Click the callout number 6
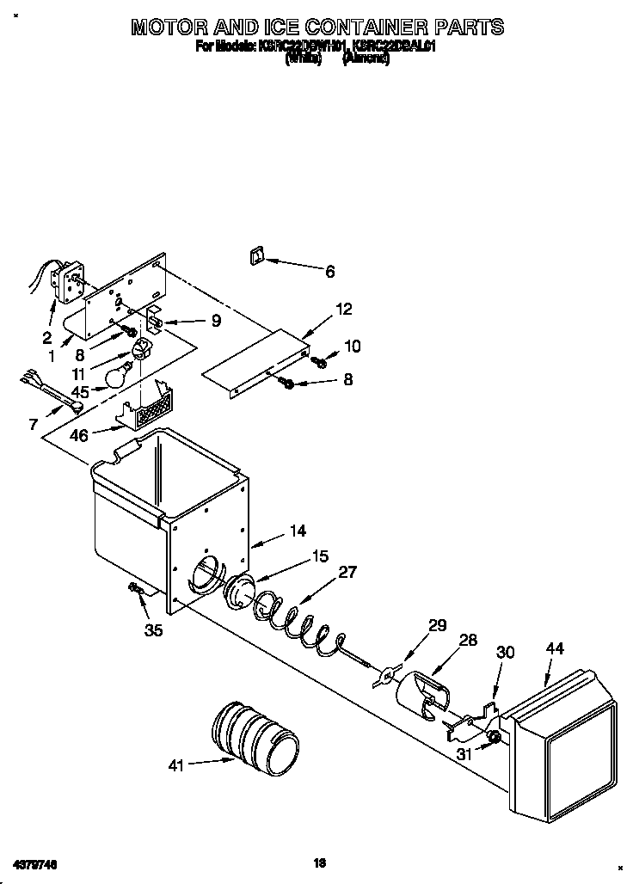(x=330, y=272)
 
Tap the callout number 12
(x=344, y=310)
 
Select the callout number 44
(x=555, y=649)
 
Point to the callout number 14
(x=297, y=531)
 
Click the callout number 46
(x=78, y=435)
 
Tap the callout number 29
(x=438, y=625)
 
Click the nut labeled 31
(x=494, y=738)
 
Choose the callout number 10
(x=352, y=347)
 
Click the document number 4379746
(x=34, y=863)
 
